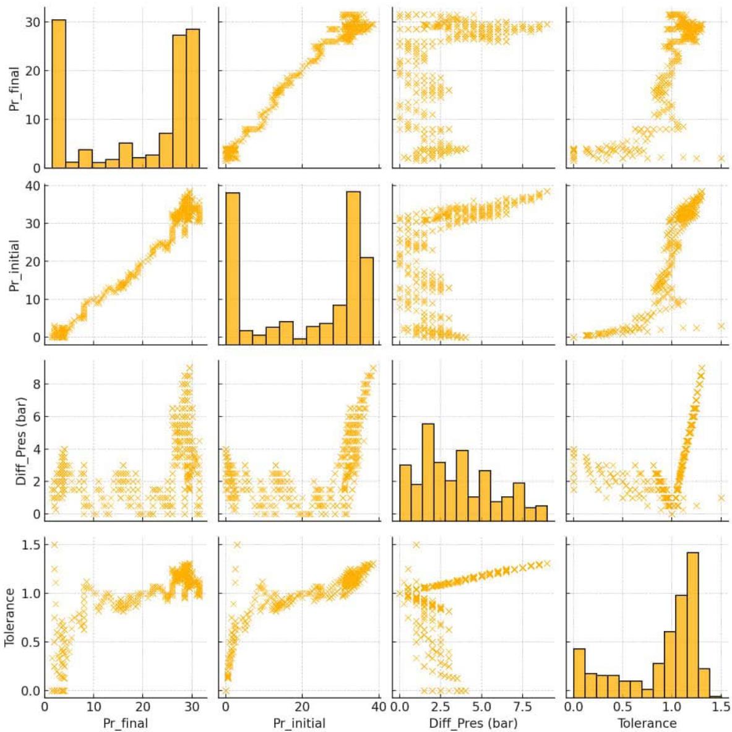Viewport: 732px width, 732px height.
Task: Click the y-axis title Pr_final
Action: click(x=14, y=87)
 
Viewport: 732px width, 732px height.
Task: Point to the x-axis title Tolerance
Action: click(x=647, y=722)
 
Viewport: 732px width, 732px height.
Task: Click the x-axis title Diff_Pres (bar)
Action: click(x=474, y=722)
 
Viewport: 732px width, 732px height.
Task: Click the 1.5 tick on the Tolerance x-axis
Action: click(x=721, y=707)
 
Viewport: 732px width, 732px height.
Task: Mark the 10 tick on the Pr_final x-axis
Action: click(x=93, y=707)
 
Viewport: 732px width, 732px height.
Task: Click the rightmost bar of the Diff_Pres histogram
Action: click(x=541, y=514)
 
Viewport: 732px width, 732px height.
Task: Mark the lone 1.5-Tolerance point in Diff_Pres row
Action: click(x=720, y=497)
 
